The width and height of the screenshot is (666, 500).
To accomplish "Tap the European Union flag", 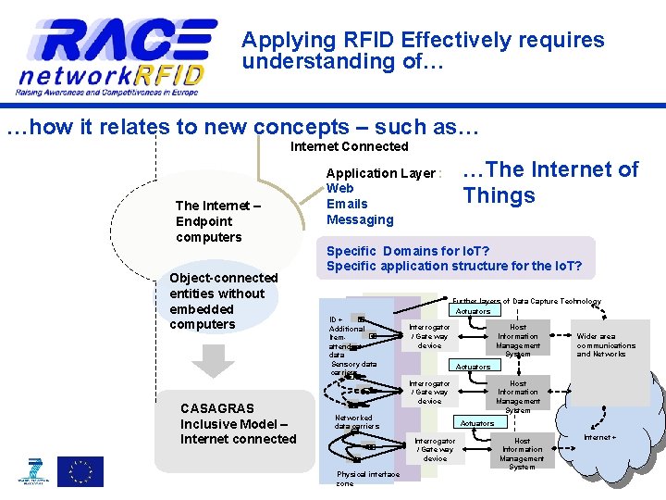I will point(80,471).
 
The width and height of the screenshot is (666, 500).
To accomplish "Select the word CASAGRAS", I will point(217,407).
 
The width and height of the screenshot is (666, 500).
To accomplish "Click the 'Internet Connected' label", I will point(349,146).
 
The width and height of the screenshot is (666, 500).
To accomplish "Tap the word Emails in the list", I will point(347,204).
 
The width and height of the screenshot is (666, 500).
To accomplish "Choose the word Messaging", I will point(360,219).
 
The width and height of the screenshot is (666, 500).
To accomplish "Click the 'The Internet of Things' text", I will point(549,182).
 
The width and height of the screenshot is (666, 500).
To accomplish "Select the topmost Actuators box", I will point(473,311).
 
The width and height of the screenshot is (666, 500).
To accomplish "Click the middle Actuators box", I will point(473,367).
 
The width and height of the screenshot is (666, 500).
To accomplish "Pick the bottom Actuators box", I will point(477,423).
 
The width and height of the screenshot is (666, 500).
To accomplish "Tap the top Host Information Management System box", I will point(518,340).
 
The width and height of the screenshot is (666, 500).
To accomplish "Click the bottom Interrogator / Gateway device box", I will point(435,450).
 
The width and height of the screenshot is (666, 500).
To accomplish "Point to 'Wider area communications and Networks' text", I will point(606,345).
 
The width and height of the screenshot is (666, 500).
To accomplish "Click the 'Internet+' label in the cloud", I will point(599,437).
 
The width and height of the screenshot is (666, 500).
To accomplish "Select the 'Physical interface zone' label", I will point(367,478).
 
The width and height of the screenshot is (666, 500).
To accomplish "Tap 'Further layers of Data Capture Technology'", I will point(526,301).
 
